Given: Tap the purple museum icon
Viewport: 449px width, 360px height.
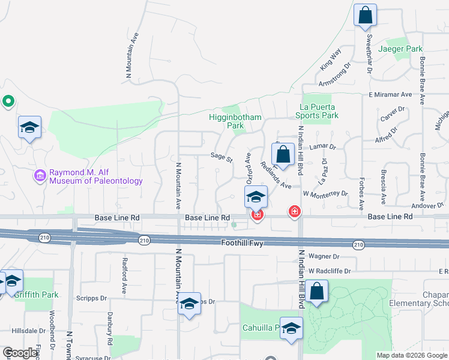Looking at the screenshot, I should (40, 176).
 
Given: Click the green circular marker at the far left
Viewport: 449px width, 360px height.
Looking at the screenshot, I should (8, 101).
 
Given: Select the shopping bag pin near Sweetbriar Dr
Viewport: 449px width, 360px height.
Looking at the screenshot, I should (365, 15).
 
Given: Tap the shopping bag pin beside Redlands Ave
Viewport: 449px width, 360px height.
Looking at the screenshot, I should (283, 154).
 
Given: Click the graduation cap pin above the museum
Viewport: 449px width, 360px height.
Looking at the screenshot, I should (29, 127).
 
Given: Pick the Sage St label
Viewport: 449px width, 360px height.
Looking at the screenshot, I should (221, 157).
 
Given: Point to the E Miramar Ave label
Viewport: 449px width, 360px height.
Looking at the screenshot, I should (390, 95).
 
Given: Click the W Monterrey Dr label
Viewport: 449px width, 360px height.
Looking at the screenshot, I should (325, 194).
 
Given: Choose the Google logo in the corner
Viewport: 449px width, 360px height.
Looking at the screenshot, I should (20, 353).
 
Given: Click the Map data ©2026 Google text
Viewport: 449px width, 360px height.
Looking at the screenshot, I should (412, 355).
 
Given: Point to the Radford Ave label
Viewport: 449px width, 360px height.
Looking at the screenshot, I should (125, 272).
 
